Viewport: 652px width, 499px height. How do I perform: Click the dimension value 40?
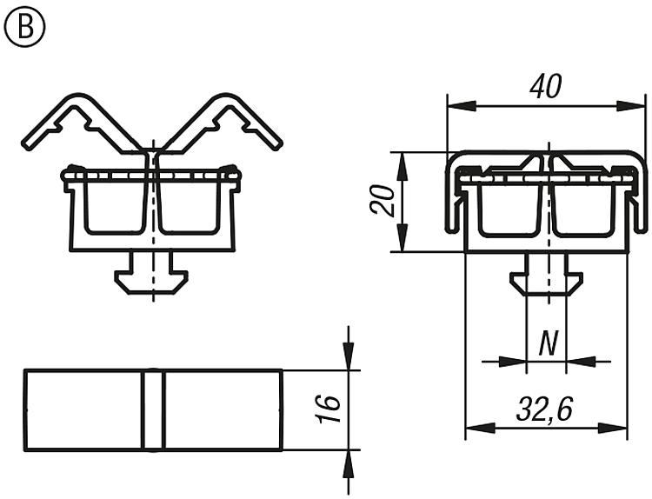546,86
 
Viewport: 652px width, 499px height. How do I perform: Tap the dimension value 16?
329,410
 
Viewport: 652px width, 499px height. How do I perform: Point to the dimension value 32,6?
545,409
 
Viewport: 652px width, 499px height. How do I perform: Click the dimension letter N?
548,343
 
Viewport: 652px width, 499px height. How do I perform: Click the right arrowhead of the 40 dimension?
630,106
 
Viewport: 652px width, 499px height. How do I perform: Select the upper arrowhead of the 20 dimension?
403,167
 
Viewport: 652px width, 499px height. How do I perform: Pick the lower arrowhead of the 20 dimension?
403,237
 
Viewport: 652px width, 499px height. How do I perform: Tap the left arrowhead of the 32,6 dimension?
480,428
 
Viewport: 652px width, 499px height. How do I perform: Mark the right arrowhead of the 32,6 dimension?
613,428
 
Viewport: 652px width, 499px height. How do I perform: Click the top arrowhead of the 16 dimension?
349,356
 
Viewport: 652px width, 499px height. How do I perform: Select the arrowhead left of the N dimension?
512,362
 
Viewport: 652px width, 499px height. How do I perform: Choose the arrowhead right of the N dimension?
581,362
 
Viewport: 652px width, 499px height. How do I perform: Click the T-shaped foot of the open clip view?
151,278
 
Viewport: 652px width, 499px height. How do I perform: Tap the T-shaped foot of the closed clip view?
546,279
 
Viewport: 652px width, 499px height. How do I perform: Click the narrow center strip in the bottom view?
153,409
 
